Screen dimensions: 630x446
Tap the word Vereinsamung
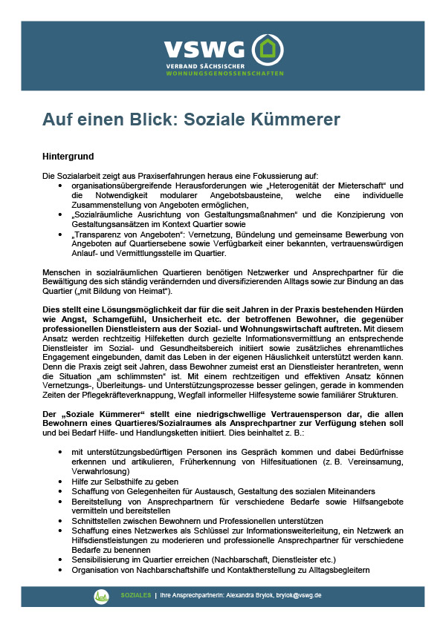(360, 462)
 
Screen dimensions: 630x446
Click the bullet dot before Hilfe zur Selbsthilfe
(61, 482)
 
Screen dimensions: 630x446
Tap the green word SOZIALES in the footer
(136, 595)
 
